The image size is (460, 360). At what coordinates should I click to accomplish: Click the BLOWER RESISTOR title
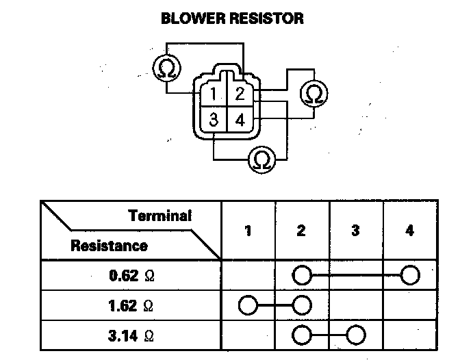coord(232,18)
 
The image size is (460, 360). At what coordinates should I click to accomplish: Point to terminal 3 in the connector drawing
coord(214,120)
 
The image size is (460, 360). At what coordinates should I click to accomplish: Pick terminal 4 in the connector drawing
coord(240,120)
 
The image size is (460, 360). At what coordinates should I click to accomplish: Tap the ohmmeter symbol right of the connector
coord(314,94)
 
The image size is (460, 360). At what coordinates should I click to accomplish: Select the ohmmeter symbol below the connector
coord(261,159)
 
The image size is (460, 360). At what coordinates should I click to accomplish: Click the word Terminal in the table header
coord(159,216)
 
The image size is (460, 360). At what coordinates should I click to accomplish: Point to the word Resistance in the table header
coord(108,245)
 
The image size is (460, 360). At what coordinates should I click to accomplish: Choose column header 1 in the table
coord(248,231)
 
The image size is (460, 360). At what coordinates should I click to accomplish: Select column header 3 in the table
coord(355,231)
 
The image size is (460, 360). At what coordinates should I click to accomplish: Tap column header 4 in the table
coord(409,231)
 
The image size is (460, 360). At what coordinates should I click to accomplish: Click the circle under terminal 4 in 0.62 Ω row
coord(409,275)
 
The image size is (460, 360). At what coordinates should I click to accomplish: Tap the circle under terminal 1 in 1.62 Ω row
coord(248,305)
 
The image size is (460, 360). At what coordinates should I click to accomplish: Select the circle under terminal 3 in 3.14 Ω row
coord(355,335)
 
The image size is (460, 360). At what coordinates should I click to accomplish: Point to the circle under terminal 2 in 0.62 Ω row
coord(301,275)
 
